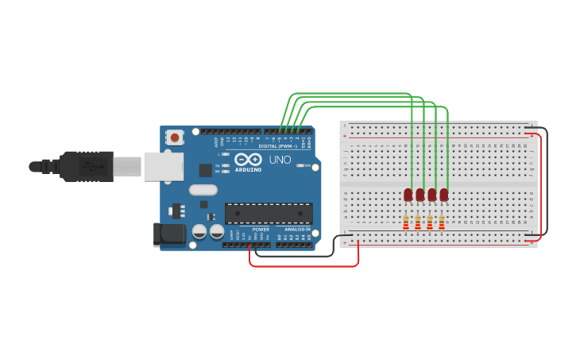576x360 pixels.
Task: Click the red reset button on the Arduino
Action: point(175,137)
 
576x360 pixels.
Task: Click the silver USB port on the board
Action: point(164,167)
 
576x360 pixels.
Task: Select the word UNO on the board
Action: point(280,160)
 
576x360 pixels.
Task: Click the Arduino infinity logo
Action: point(248,160)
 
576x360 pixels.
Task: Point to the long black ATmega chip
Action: point(269,213)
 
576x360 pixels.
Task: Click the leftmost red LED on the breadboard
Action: point(408,195)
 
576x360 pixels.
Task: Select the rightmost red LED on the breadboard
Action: point(444,195)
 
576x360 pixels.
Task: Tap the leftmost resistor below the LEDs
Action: point(406,223)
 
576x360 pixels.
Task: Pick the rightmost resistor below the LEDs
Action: point(442,223)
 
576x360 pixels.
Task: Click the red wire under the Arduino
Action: point(302,266)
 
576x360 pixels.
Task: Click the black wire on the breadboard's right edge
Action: point(547,183)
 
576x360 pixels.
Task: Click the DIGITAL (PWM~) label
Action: point(277,146)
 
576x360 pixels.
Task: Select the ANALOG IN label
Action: point(298,229)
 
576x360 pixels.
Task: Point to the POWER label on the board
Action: point(261,229)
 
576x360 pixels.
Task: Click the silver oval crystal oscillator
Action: point(203,190)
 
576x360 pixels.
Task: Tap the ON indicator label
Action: point(306,165)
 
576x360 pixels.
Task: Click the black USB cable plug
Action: point(79,167)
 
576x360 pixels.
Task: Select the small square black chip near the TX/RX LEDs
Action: point(206,169)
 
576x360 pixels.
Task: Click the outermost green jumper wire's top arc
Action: point(350,93)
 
